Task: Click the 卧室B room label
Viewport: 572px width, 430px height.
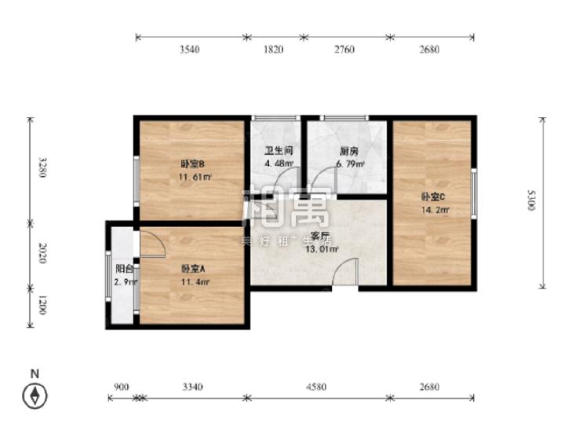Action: coord(192,164)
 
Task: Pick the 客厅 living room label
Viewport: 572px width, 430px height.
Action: coord(319,237)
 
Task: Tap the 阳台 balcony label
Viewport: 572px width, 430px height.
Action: coord(124,268)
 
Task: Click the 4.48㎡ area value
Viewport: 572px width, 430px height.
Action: coord(279,164)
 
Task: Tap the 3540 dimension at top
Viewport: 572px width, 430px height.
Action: coord(189,50)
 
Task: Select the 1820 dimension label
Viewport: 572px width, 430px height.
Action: coord(272,50)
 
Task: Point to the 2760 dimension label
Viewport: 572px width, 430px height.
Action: coord(344,50)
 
